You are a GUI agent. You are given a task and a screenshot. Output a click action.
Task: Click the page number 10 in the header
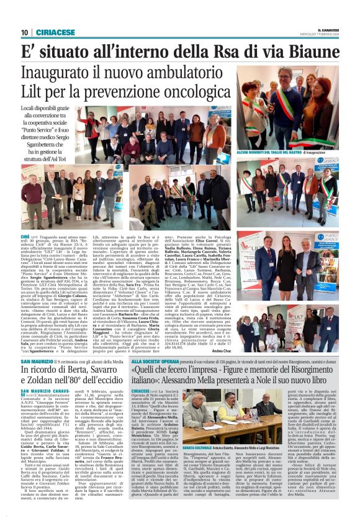click(x=24, y=32)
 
